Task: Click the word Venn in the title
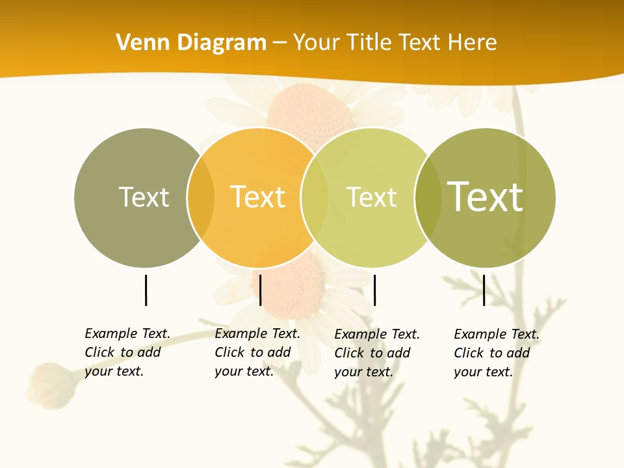(139, 42)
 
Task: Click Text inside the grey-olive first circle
(144, 197)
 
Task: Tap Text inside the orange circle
(258, 197)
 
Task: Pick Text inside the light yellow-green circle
(371, 197)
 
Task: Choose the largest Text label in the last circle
(485, 196)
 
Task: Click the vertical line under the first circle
(146, 290)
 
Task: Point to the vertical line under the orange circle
(260, 290)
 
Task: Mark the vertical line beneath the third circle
(374, 290)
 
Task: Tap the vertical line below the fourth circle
(484, 290)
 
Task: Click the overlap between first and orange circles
(201, 198)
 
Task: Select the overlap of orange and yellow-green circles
(315, 198)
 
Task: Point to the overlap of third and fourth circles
(427, 198)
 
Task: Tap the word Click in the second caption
(229, 352)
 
